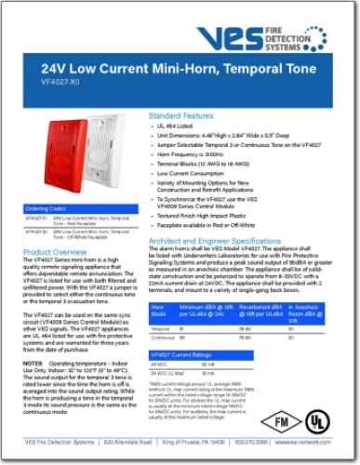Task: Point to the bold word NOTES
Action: coord(33,362)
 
